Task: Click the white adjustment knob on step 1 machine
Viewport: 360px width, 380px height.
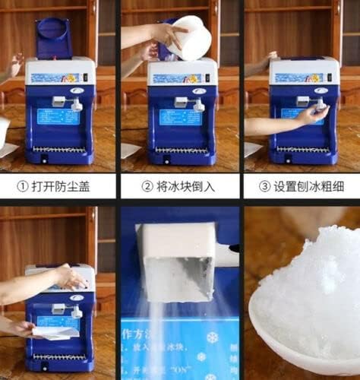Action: pos(76,104)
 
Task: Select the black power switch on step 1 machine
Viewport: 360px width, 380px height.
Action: pos(43,158)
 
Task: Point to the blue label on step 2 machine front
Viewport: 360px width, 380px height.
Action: pos(180,117)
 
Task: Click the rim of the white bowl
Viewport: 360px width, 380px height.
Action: pos(262,334)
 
